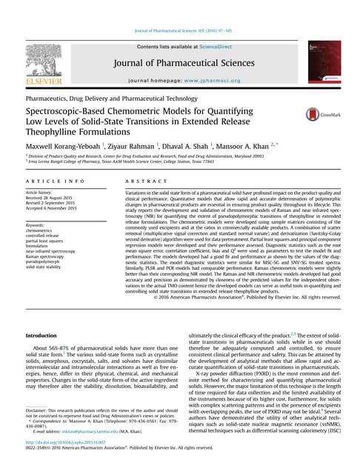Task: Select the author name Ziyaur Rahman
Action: click(x=147, y=147)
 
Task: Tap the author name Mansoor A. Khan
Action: click(x=265, y=147)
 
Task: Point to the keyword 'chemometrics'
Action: click(x=42, y=231)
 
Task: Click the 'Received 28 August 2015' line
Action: click(x=53, y=198)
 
